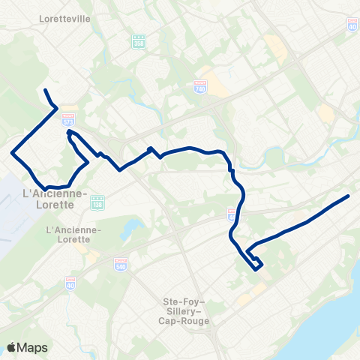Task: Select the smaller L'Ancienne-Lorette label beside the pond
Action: tap(67, 234)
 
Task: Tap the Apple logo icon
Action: tap(12, 347)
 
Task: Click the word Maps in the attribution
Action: tap(34, 347)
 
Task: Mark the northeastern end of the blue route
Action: tap(349, 196)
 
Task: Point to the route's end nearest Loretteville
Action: tap(46, 90)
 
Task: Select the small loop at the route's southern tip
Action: tap(256, 263)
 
